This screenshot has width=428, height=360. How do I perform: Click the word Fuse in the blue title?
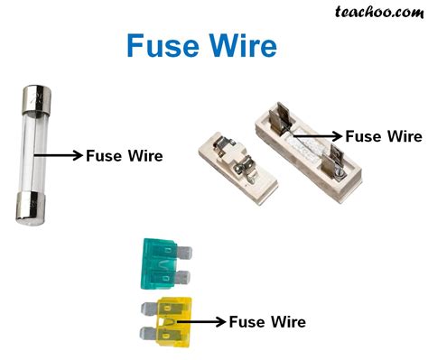[x=161, y=47]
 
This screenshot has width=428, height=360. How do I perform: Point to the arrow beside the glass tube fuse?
[x=60, y=155]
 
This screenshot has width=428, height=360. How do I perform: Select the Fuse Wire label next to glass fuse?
[x=124, y=155]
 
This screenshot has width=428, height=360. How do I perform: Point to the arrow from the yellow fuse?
[x=201, y=320]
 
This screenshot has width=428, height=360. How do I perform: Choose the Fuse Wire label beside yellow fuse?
[x=266, y=321]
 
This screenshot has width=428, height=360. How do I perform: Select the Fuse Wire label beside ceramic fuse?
[x=384, y=136]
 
